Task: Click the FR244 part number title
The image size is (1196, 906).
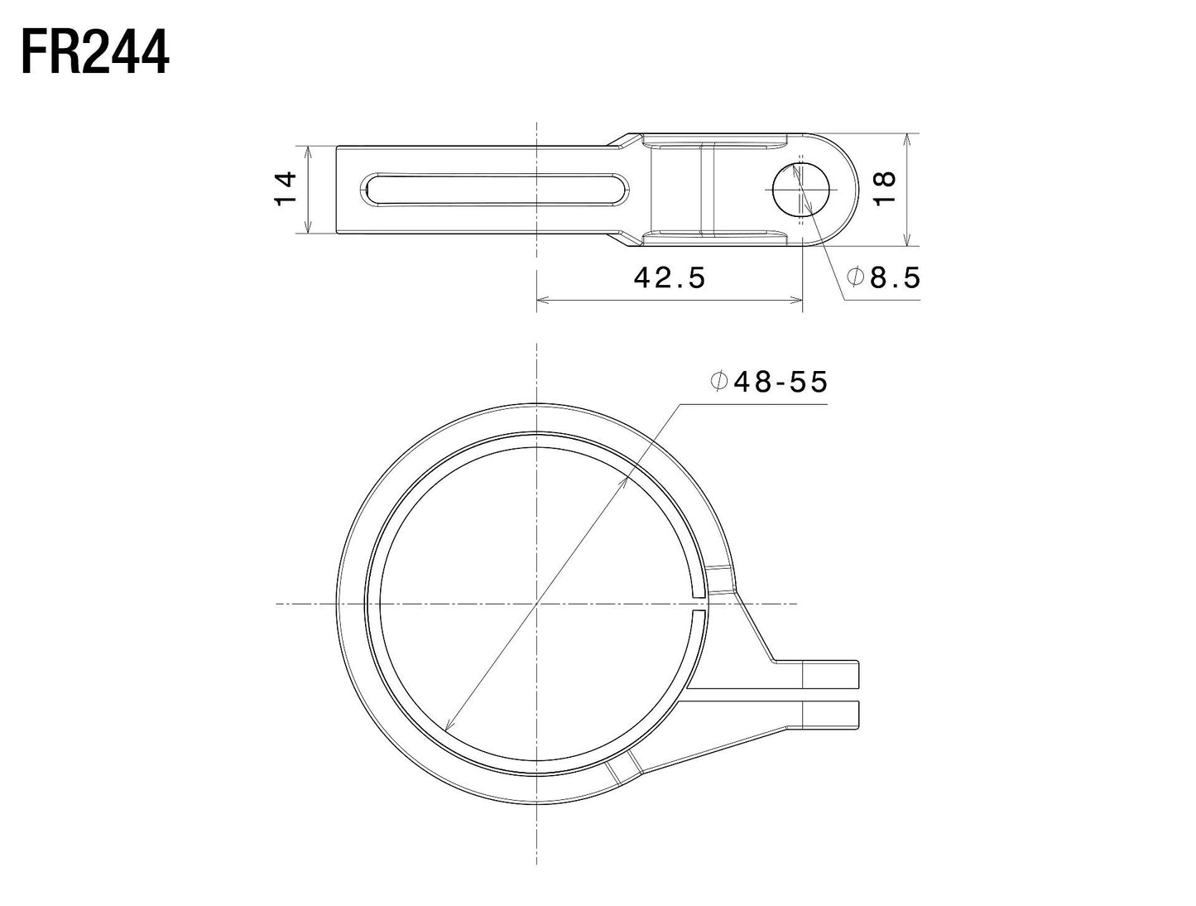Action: (x=95, y=54)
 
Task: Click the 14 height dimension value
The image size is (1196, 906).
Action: (x=286, y=189)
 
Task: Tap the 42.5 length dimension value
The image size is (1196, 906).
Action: (x=670, y=278)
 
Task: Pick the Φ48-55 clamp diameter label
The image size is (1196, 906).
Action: (x=769, y=382)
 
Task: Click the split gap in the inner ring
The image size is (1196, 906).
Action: (x=699, y=603)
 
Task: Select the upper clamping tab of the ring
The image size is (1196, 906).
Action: (x=828, y=674)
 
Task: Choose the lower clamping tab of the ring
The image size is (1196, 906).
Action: (x=828, y=715)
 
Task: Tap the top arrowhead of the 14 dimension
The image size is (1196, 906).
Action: (x=308, y=151)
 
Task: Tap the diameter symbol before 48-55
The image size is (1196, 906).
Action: (x=718, y=382)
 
